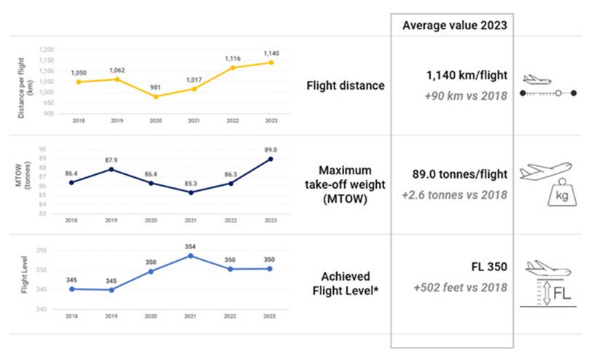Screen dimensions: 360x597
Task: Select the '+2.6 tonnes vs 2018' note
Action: [x=461, y=196]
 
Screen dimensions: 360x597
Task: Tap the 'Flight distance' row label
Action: [x=346, y=86]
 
